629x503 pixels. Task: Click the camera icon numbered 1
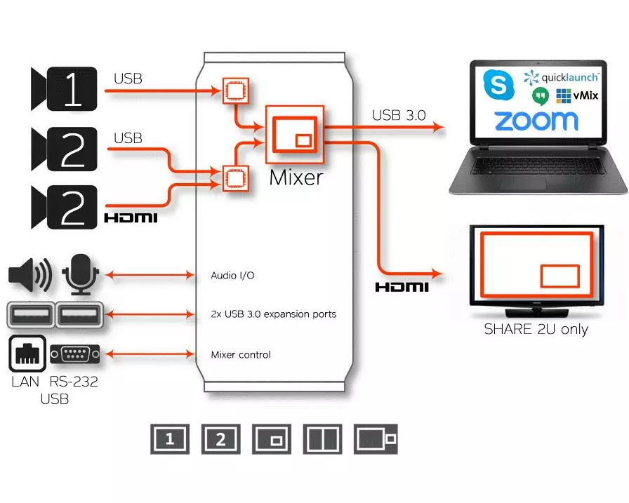pyautogui.click(x=63, y=89)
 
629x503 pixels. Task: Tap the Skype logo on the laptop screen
pyautogui.click(x=499, y=86)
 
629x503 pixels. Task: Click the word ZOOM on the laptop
pyautogui.click(x=536, y=120)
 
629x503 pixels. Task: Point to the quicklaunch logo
pyautogui.click(x=561, y=76)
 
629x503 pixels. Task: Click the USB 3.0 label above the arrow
pyautogui.click(x=399, y=115)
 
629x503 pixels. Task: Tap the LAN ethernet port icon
pyautogui.click(x=27, y=354)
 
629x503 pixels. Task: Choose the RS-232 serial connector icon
pyautogui.click(x=74, y=354)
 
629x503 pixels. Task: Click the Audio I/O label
pyautogui.click(x=232, y=276)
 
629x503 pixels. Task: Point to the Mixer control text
pyautogui.click(x=241, y=355)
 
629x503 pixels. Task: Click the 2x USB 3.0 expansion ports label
pyautogui.click(x=273, y=314)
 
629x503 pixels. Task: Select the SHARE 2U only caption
pyautogui.click(x=536, y=329)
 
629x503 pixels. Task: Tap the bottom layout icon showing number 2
pyautogui.click(x=221, y=440)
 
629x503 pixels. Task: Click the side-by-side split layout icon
pyautogui.click(x=322, y=440)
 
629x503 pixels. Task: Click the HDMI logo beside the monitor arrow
pyautogui.click(x=401, y=287)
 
